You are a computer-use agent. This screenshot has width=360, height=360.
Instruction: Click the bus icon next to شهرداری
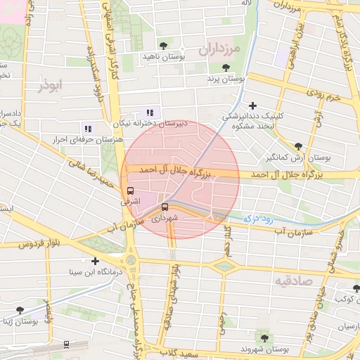click(165, 207)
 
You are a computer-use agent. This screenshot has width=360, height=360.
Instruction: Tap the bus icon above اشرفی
click(130, 191)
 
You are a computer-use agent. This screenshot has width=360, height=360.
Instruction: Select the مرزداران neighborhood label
click(219, 50)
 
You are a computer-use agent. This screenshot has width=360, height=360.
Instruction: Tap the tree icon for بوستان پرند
click(226, 68)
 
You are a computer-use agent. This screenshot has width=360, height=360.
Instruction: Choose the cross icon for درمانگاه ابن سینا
click(95, 261)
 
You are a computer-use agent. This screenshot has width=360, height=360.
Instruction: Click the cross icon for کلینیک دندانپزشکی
click(252, 105)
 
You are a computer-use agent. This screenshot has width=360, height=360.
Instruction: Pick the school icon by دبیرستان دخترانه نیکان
click(149, 112)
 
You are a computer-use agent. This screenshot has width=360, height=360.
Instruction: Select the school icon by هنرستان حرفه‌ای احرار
click(88, 129)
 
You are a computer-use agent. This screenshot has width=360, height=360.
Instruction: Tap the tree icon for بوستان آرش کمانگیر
click(299, 146)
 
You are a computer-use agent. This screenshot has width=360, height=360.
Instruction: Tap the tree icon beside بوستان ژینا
click(20, 310)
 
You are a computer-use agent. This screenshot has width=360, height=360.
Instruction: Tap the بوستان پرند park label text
click(225, 80)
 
